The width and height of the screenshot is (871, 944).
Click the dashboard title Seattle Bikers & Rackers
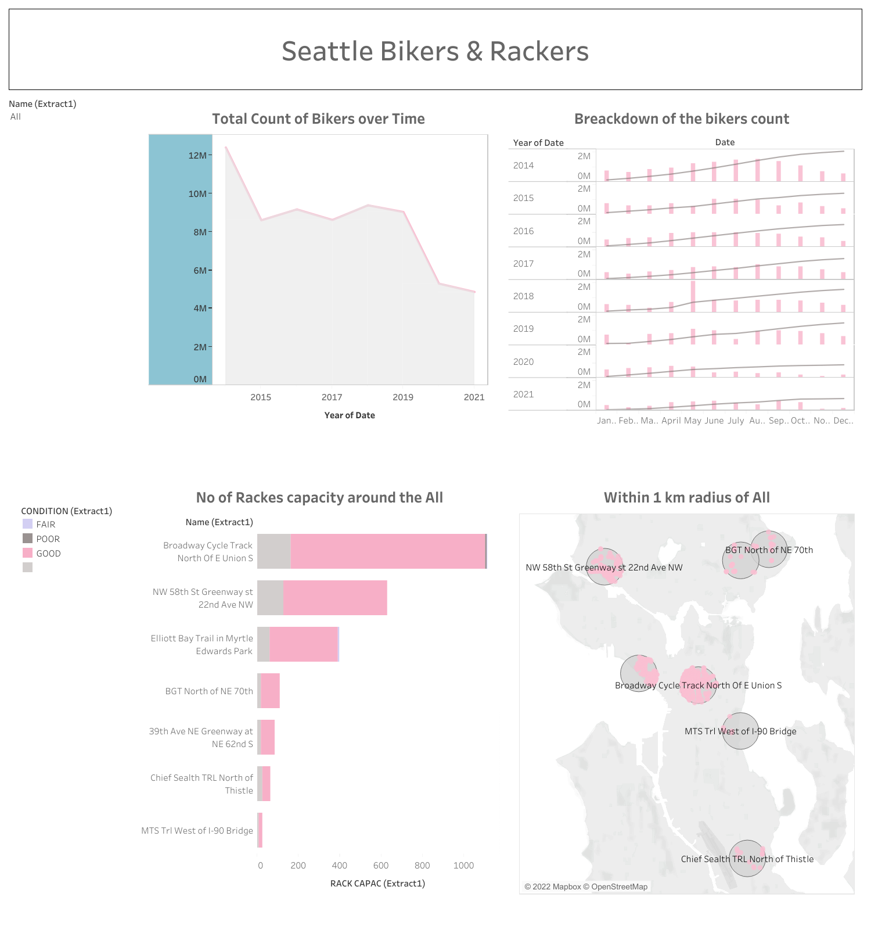click(435, 51)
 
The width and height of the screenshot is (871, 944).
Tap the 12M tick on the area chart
click(197, 155)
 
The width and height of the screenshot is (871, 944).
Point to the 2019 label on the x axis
click(403, 397)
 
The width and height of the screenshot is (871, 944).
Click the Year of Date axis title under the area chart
click(350, 415)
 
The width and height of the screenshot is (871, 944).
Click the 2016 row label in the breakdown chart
click(523, 231)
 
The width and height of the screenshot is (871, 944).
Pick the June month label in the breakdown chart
click(714, 421)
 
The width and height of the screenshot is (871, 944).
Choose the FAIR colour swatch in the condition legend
click(28, 524)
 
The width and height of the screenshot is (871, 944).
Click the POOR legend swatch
click(28, 539)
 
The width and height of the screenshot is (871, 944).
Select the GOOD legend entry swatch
click(28, 553)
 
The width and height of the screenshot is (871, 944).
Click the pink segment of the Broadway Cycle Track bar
click(388, 551)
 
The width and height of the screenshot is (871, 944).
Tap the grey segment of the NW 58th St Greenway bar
click(270, 598)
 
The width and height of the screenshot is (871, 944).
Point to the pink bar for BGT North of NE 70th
click(270, 691)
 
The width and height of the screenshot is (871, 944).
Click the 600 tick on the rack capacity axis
click(381, 866)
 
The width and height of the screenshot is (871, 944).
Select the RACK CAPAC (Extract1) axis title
click(377, 884)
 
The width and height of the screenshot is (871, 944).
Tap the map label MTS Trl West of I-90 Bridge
click(740, 731)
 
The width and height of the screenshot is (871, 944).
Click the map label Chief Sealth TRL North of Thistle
click(747, 859)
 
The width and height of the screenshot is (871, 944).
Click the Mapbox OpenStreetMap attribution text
click(586, 886)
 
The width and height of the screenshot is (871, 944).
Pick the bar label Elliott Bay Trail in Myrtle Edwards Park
click(201, 644)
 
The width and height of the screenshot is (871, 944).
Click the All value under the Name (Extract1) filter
click(16, 117)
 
